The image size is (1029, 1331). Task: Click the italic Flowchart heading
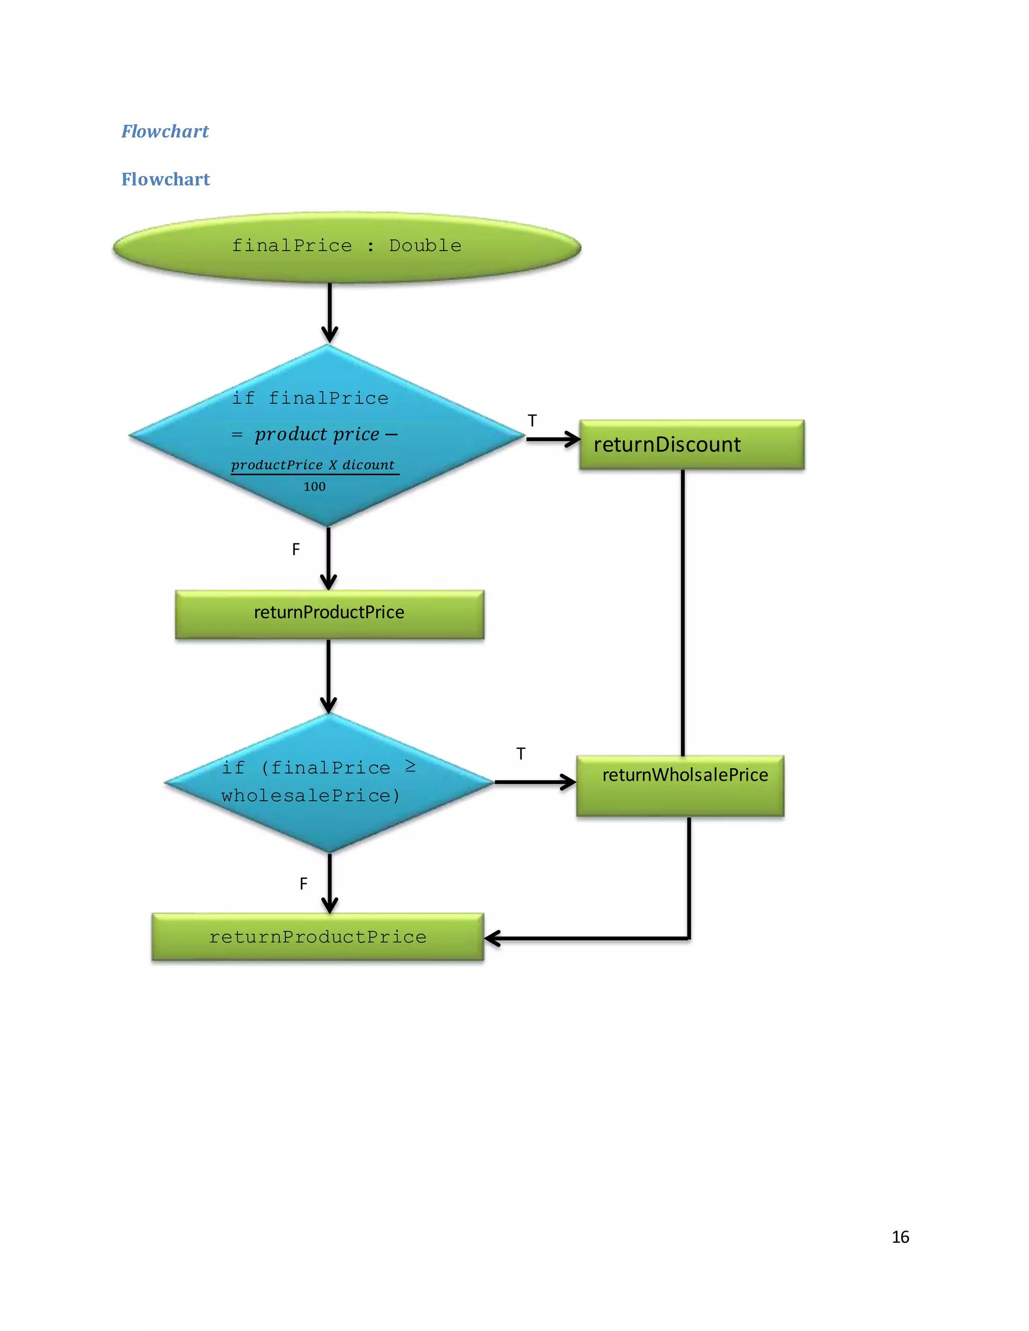click(165, 131)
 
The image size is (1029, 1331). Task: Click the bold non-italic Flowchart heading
click(165, 179)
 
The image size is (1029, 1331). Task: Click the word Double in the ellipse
click(425, 246)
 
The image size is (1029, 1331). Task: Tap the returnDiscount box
click(691, 445)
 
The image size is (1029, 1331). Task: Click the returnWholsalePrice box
click(680, 786)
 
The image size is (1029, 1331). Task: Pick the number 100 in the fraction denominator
click(315, 486)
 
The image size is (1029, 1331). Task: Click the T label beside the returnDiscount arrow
click(532, 420)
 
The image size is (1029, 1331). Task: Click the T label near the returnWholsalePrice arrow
click(521, 754)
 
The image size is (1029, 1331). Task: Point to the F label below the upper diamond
click(295, 549)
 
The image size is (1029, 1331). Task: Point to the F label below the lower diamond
click(303, 883)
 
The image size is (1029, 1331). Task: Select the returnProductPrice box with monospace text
click(318, 937)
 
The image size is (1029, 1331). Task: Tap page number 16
click(900, 1237)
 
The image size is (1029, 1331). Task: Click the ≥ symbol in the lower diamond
click(410, 766)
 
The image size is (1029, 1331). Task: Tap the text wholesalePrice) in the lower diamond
click(311, 795)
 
